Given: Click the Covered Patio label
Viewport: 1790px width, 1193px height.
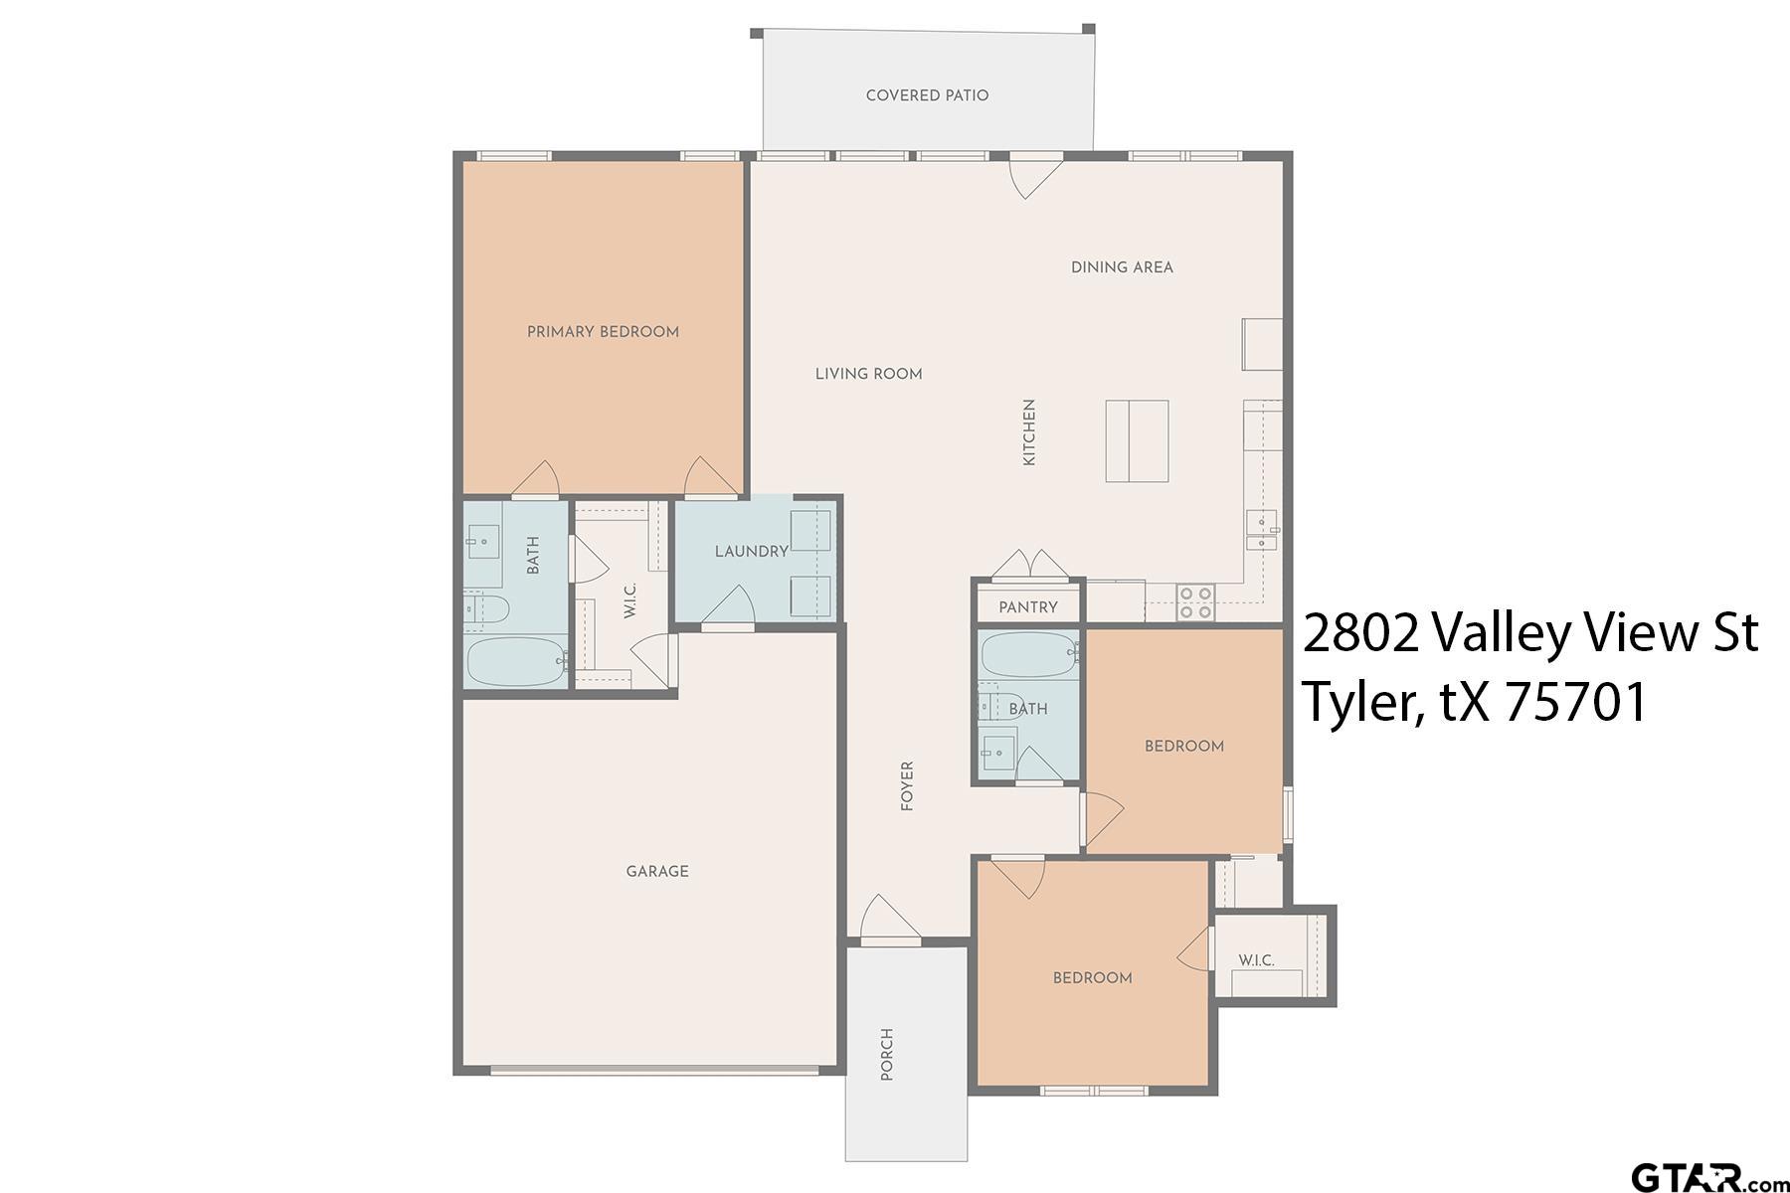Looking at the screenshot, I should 927,95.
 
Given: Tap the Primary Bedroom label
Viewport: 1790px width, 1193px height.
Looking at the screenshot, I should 603,332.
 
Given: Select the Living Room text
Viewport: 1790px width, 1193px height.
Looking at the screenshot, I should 868,374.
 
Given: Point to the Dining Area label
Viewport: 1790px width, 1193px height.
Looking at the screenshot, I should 1122,267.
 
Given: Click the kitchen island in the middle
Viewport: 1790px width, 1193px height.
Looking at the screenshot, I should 1137,440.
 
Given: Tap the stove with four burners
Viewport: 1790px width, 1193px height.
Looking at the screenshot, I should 1195,601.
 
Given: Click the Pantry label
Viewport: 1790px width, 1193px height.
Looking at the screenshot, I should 1027,606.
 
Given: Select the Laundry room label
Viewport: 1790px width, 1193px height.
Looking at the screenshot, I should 751,551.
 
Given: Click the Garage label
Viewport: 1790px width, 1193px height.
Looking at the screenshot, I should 657,871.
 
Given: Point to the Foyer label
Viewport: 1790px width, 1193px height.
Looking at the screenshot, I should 907,786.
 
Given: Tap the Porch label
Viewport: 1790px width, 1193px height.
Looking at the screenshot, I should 887,1054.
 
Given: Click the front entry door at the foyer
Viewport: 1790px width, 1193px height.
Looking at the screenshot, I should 890,920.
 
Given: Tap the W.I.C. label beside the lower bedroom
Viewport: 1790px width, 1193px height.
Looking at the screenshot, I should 1256,960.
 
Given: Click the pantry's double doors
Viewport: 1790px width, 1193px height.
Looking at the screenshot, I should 1028,564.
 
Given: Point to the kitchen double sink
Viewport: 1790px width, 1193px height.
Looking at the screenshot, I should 1262,531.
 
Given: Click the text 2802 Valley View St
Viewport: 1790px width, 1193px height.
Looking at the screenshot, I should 1529,632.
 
